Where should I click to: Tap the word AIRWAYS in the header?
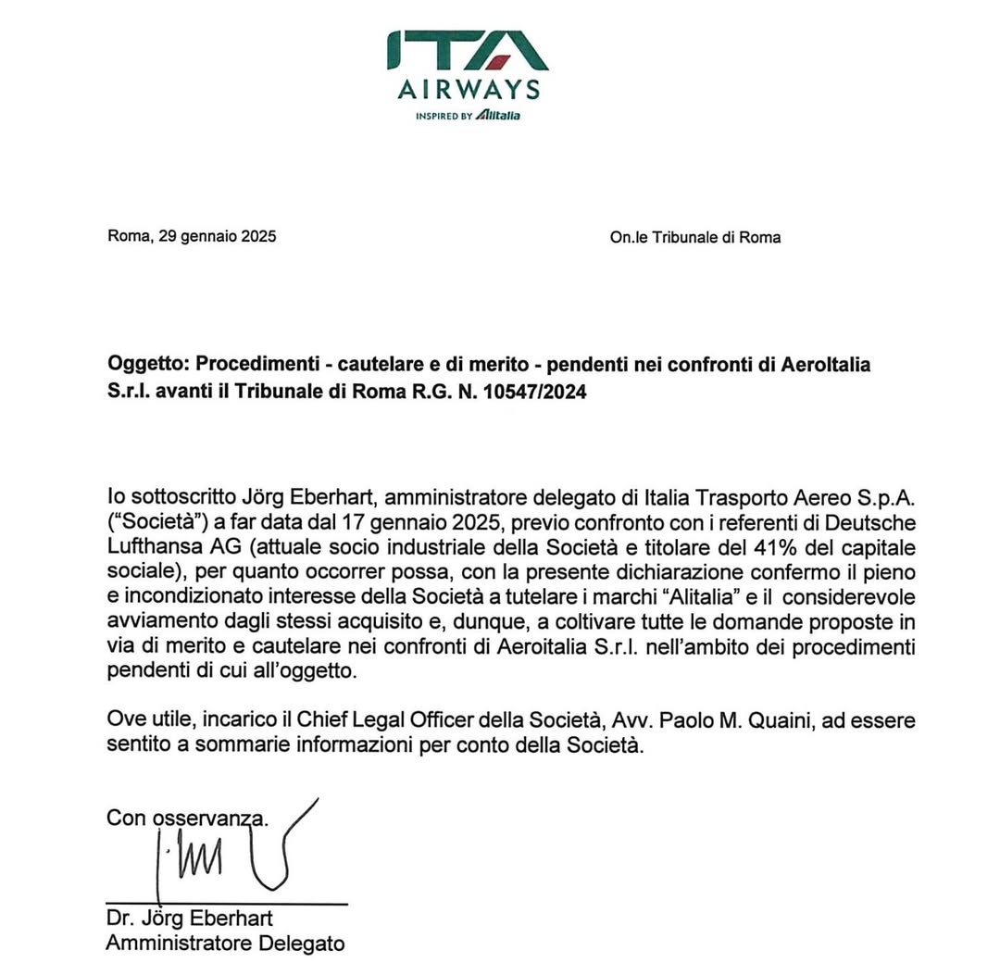coord(468,90)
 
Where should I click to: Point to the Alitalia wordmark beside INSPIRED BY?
coord(499,116)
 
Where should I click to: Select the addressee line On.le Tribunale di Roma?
coord(694,238)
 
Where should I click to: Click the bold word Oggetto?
coord(145,365)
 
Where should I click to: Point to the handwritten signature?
coord(231,853)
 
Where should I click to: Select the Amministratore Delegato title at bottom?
coord(225,944)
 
